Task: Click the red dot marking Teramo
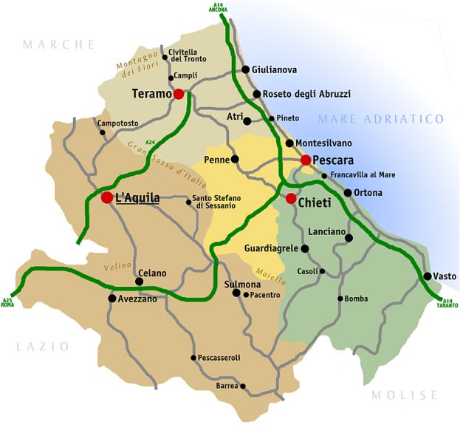click(x=179, y=94)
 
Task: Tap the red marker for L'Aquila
click(x=107, y=197)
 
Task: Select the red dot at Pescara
click(x=306, y=160)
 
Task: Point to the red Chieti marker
click(x=291, y=198)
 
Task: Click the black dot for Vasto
click(x=427, y=276)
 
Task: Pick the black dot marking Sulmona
click(x=236, y=293)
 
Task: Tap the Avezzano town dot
click(x=112, y=299)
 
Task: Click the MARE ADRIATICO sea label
click(x=381, y=119)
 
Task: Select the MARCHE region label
click(x=59, y=44)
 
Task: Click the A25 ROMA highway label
click(x=8, y=302)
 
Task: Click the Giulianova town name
click(x=274, y=69)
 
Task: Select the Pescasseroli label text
click(x=220, y=358)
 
